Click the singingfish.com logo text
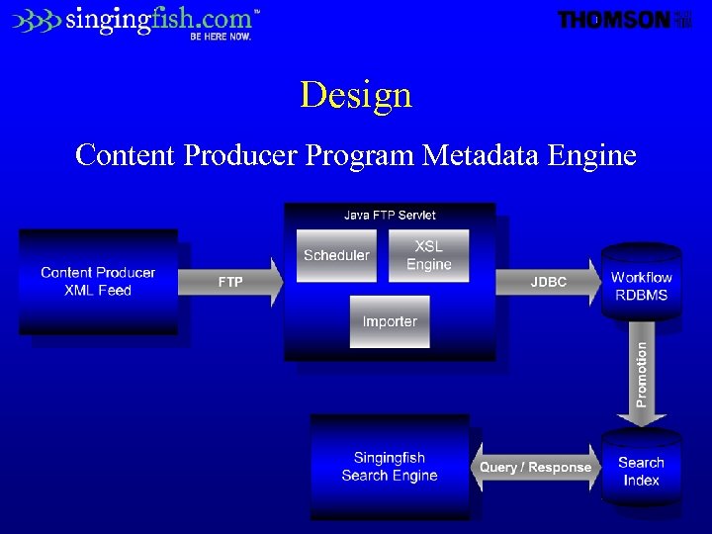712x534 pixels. click(158, 19)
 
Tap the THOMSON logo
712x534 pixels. click(614, 20)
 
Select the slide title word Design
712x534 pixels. click(356, 95)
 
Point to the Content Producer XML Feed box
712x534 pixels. click(98, 282)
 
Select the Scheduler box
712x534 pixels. click(336, 255)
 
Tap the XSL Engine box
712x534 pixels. click(429, 255)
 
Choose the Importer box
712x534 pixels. click(390, 321)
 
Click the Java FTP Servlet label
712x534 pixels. click(390, 215)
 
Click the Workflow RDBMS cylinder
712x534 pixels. click(641, 285)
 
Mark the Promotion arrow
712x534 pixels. click(642, 376)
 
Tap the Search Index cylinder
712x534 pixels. click(641, 471)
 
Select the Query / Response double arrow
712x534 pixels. click(535, 467)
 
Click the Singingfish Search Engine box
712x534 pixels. click(390, 467)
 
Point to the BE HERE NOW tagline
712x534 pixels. click(221, 37)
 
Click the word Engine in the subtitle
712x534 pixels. click(589, 155)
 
